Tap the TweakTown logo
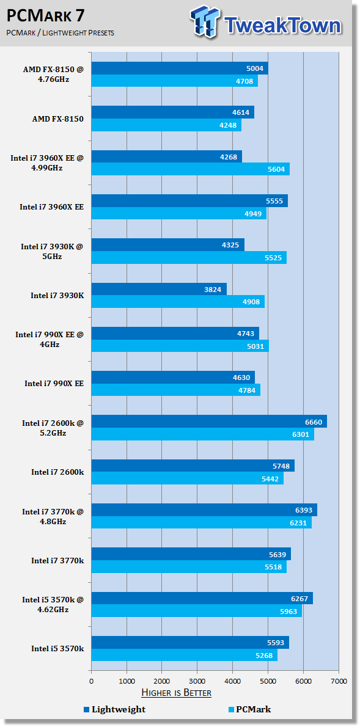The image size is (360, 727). tap(266, 21)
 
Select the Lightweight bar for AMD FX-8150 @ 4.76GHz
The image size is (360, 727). tap(180, 68)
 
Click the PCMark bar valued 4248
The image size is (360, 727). tap(166, 125)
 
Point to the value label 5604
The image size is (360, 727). tap(276, 169)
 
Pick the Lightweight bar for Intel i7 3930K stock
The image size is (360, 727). tap(159, 290)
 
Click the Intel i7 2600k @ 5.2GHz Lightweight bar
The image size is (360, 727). tap(209, 422)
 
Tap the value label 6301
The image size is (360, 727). tap(301, 434)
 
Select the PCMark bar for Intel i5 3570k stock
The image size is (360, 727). tap(184, 655)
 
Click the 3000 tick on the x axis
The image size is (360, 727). tap(197, 681)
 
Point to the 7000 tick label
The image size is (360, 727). tap(338, 681)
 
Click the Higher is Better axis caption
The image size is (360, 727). tap(176, 693)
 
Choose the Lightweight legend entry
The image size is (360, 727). tap(114, 709)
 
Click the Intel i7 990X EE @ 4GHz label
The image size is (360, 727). tap(50, 339)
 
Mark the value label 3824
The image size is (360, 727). tap(213, 290)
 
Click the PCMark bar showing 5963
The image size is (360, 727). tap(197, 611)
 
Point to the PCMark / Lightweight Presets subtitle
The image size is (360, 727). tap(61, 33)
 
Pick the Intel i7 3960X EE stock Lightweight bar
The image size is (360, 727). tap(189, 201)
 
